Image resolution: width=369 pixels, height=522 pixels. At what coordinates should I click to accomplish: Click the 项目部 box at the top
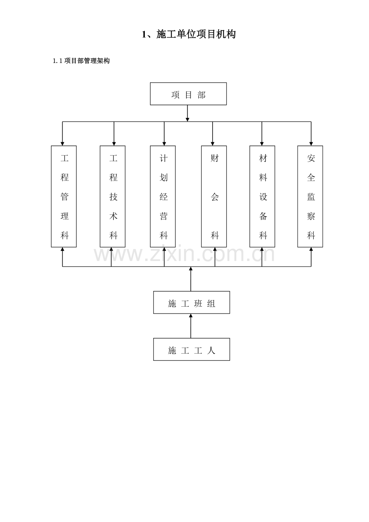point(188,94)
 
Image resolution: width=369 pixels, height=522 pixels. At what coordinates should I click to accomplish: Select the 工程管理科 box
point(64,196)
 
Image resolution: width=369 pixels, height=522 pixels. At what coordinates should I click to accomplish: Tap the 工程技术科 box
point(113,196)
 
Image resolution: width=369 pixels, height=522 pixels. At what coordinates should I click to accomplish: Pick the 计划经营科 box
point(163,196)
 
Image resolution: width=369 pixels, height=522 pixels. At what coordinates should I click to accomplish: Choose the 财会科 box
point(214,196)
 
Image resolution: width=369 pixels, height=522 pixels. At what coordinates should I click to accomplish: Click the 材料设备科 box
point(262,196)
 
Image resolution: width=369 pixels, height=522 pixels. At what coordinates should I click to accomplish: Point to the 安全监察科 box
point(310,196)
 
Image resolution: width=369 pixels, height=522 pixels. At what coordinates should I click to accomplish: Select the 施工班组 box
point(191,303)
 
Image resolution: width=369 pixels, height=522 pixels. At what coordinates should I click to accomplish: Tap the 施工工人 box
point(191,350)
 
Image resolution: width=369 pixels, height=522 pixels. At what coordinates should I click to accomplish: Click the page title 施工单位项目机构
point(189,34)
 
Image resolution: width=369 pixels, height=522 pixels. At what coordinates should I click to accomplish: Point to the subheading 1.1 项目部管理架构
point(81,61)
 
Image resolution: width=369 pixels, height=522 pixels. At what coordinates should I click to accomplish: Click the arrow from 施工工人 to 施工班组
point(191,326)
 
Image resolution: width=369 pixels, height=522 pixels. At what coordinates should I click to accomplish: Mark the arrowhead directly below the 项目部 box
point(187,119)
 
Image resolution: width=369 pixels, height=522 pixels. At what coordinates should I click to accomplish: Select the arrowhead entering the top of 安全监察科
point(311,144)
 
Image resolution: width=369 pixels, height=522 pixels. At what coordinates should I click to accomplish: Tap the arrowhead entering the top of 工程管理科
point(62,144)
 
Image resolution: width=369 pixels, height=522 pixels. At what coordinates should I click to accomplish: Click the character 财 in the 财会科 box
point(215,158)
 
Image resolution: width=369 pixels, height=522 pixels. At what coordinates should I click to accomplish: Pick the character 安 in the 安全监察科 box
point(311,158)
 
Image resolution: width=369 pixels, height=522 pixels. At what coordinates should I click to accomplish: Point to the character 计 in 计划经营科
point(164,158)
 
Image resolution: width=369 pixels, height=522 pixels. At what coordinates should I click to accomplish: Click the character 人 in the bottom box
point(211,350)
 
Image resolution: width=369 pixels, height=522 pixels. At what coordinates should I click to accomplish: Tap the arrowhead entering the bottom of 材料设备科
point(262,249)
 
